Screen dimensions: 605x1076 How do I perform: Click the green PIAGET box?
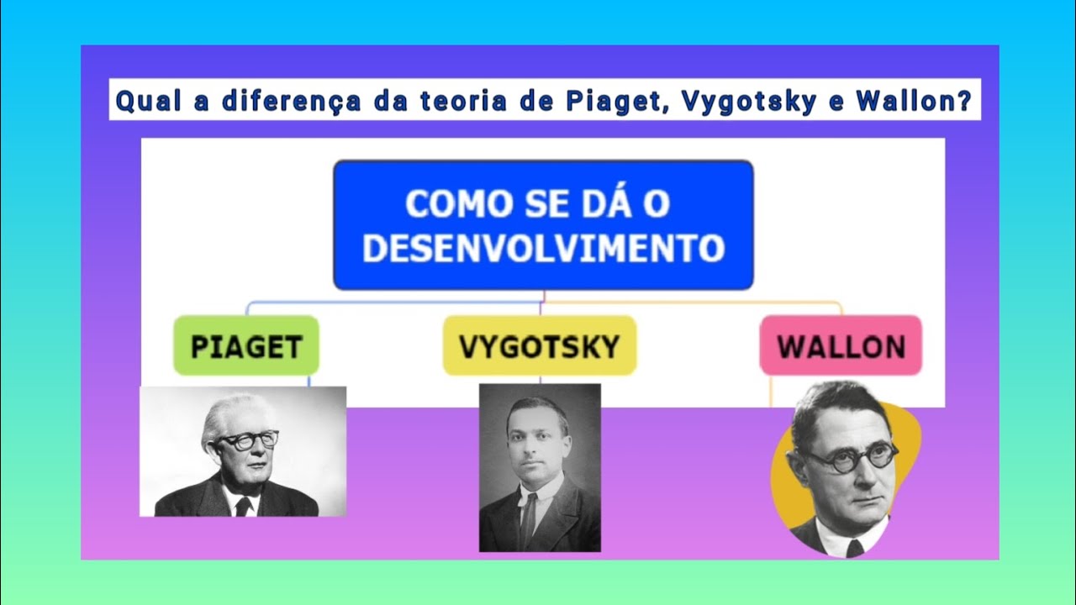[245, 345]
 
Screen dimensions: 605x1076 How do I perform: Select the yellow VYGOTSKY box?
[539, 345]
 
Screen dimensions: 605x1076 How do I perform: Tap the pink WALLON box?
[840, 345]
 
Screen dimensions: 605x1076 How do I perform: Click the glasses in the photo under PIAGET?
[248, 439]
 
